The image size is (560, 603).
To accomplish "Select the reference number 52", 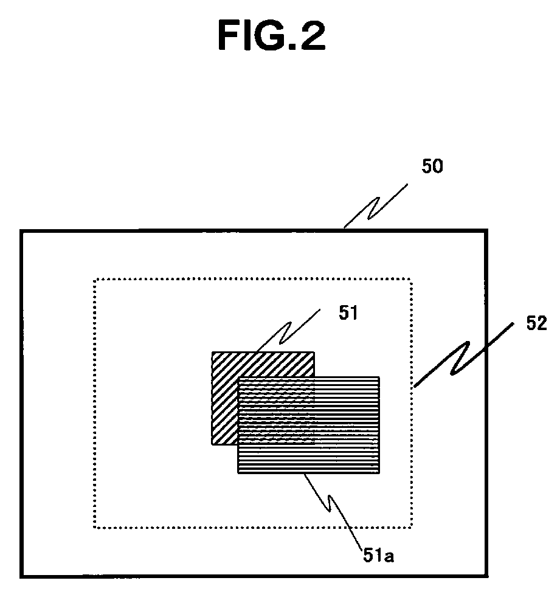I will [536, 323].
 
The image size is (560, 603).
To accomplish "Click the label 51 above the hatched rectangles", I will [348, 313].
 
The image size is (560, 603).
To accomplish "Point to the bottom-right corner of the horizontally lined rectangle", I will [379, 472].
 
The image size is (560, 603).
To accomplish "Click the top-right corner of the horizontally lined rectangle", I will [379, 377].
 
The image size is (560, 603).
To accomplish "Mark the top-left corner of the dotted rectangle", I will [94, 280].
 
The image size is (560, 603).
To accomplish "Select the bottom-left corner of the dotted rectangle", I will [94, 526].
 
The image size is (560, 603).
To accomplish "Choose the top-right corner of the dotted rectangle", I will [412, 280].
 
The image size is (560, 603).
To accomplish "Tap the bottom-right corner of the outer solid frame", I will [486, 576].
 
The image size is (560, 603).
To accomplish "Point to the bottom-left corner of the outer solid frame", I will [21, 576].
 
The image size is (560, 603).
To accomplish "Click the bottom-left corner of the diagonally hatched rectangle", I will [212, 444].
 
